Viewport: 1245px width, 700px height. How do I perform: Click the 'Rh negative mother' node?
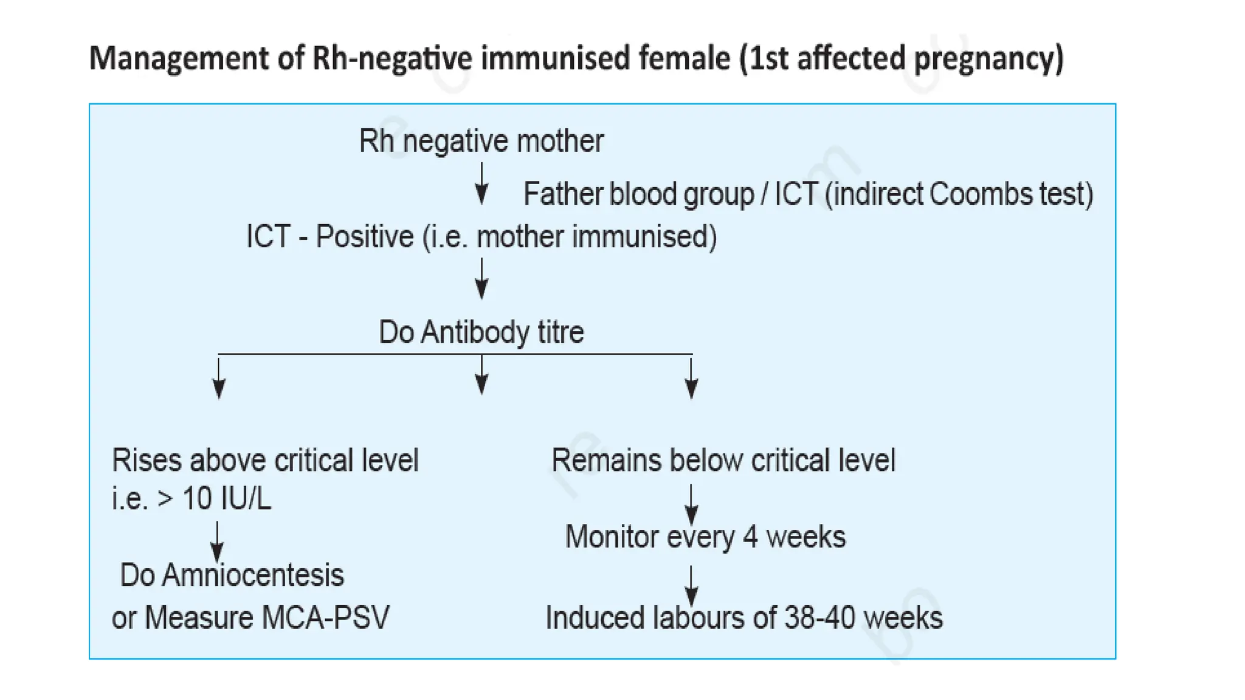click(481, 141)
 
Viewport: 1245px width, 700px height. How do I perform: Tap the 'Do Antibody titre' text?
click(481, 332)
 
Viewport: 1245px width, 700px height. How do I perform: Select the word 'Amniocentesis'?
click(253, 575)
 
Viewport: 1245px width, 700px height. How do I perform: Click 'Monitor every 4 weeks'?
click(705, 537)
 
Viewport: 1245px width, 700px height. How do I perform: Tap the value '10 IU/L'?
click(227, 498)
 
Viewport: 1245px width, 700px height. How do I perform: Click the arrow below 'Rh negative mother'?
click(481, 184)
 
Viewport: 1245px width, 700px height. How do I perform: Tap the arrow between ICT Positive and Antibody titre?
click(481, 279)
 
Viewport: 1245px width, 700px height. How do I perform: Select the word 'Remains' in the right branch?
click(606, 460)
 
